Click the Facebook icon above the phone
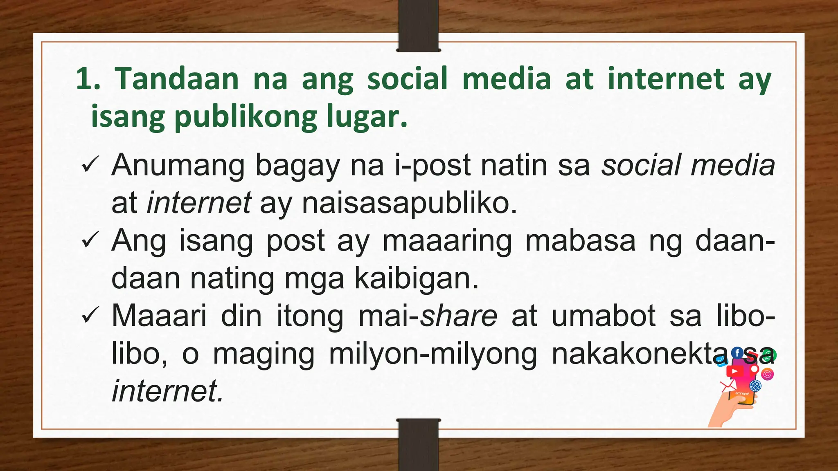click(x=737, y=353)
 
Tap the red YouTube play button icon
click(x=734, y=371)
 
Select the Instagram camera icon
click(x=768, y=374)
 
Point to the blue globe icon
click(x=755, y=386)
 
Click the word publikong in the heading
click(x=245, y=117)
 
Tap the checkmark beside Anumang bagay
click(x=89, y=166)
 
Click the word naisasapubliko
click(x=409, y=203)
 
